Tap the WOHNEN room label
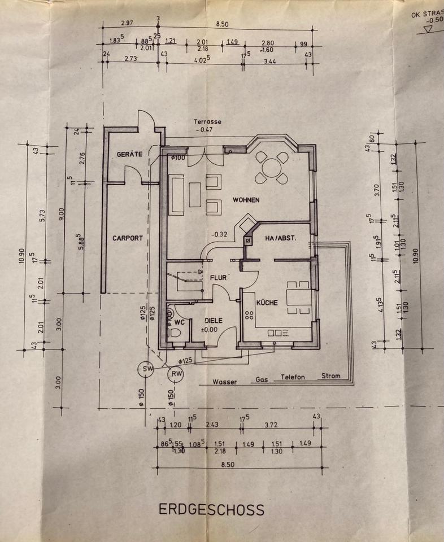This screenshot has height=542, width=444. pyautogui.click(x=245, y=200)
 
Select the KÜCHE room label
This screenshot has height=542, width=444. pyautogui.click(x=267, y=303)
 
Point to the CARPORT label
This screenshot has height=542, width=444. pyautogui.click(x=127, y=238)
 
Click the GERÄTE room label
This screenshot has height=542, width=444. pyautogui.click(x=129, y=154)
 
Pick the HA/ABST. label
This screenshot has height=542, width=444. pyautogui.click(x=281, y=239)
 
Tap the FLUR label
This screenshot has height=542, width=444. pyautogui.click(x=219, y=278)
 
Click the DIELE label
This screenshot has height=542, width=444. pyautogui.click(x=213, y=321)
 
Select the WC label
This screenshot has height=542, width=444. pyautogui.click(x=180, y=323)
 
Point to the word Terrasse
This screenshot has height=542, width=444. pyautogui.click(x=207, y=121)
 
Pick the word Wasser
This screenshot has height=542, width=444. pyautogui.click(x=224, y=382)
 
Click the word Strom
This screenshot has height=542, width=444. pyautogui.click(x=331, y=375)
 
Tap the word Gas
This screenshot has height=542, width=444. pyautogui.click(x=262, y=379)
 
